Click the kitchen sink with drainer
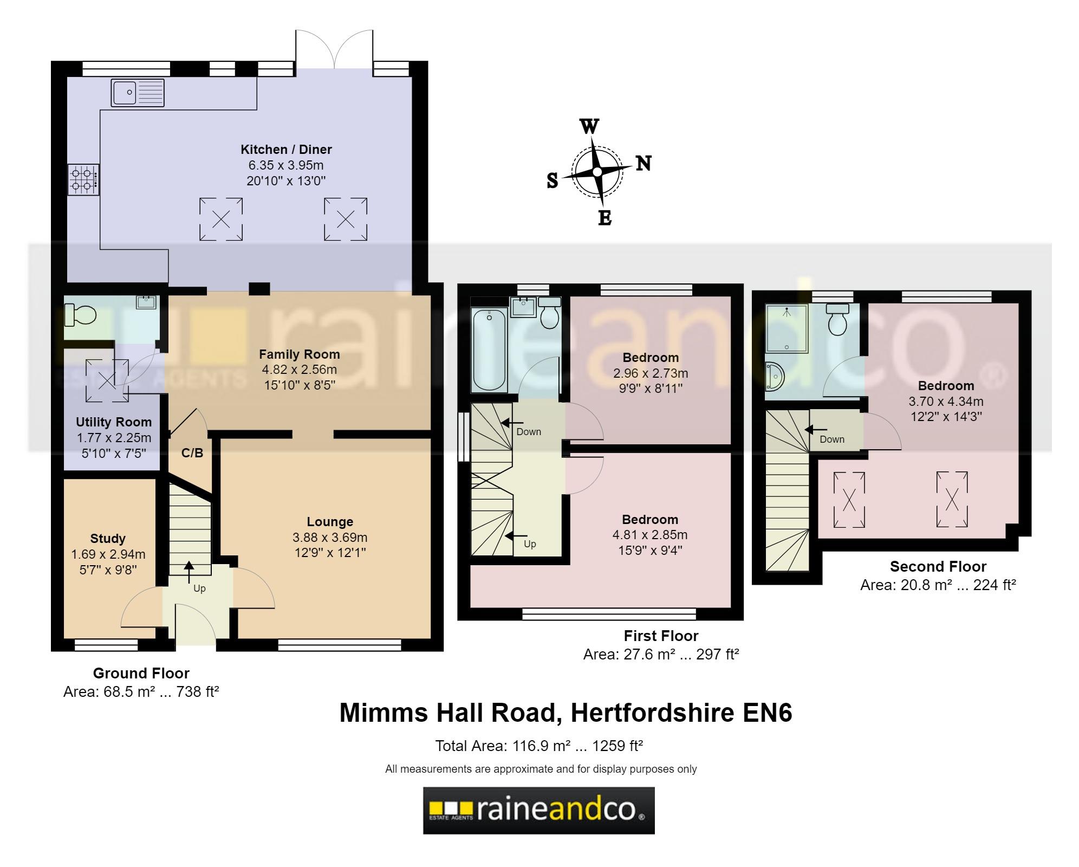pos(138,93)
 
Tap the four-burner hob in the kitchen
pos(83,180)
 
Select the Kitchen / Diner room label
pos(286,150)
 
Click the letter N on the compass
pos(643,163)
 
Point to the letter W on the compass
pos(589,126)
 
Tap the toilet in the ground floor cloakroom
pos(80,314)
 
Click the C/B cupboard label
pos(192,453)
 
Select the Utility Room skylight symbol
pos(107,380)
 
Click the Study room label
pos(108,539)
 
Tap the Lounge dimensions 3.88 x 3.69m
pos(329,538)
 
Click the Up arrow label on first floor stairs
pos(530,544)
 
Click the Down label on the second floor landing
pos(831,439)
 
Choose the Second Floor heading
pos(938,567)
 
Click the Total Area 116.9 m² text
pos(538,746)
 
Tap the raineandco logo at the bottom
pos(538,810)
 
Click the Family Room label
pos(299,354)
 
